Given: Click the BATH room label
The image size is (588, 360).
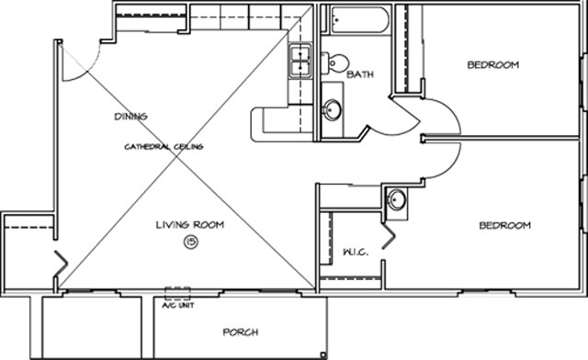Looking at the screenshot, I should click(359, 75).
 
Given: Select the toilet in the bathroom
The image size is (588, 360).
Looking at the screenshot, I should click(334, 63).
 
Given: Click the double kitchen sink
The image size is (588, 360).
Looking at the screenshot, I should click(300, 62).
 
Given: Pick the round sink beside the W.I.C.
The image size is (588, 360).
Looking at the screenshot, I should click(397, 200).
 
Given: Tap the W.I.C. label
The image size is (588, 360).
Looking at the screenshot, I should click(356, 252).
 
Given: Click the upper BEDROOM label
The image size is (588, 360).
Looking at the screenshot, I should click(492, 65).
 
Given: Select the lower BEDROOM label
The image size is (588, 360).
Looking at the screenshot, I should click(504, 226).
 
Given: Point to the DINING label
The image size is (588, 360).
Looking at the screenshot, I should click(130, 117).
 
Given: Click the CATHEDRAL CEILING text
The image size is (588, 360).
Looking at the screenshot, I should click(164, 147).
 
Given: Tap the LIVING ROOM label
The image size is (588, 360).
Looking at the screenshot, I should click(189, 225).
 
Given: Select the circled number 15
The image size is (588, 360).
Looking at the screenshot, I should click(190, 242).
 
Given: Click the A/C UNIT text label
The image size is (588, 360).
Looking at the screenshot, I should click(177, 305).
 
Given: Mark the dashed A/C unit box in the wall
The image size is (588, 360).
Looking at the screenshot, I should click(177, 294).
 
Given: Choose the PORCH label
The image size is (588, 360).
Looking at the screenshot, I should click(240, 332).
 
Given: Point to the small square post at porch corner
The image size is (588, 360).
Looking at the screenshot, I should click(322, 354).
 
